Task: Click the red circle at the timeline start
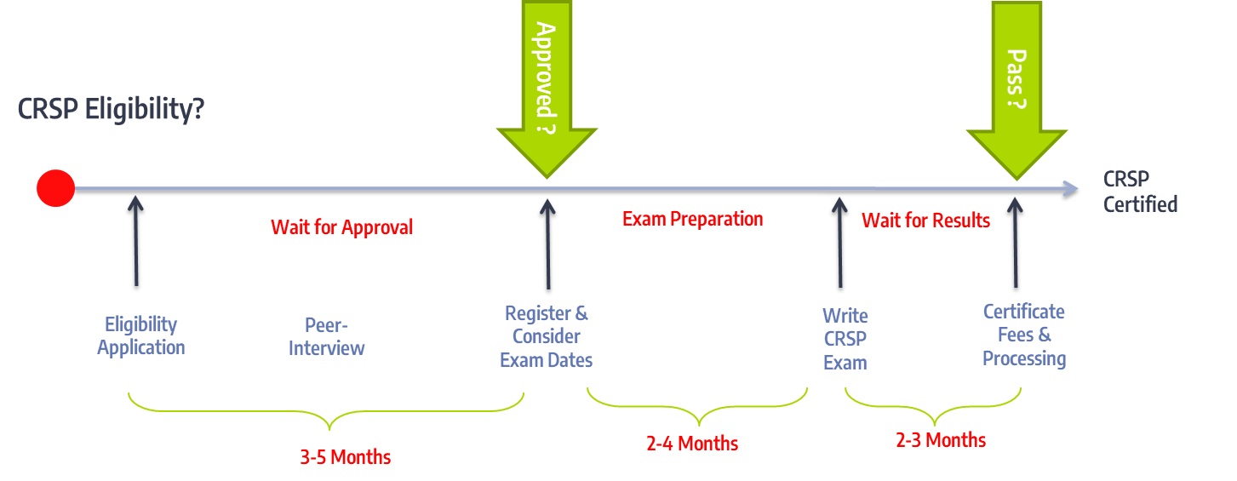(56, 188)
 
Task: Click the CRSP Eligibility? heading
(111, 109)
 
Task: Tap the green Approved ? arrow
(547, 89)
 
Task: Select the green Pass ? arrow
(1017, 90)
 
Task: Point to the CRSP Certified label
(1140, 192)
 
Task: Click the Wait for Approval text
(342, 227)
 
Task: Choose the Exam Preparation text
(692, 220)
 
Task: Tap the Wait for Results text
(925, 220)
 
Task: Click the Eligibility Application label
(140, 335)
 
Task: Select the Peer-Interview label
(326, 337)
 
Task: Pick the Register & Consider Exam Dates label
(547, 336)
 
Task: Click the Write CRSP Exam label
(845, 339)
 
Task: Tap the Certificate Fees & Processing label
(1024, 335)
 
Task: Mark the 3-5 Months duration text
(345, 456)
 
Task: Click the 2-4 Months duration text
(692, 443)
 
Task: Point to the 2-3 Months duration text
(941, 439)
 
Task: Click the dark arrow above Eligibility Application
(136, 241)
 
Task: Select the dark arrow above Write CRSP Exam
(840, 243)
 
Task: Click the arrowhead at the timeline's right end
(1071, 189)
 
